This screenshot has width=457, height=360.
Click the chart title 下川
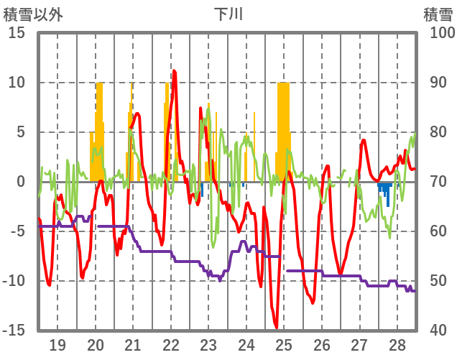coord(228,14)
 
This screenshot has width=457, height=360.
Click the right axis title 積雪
coord(438,14)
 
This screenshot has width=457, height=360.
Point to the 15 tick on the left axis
coord(17,33)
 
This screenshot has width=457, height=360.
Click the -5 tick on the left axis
coord(17,231)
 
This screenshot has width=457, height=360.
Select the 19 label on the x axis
coord(57,343)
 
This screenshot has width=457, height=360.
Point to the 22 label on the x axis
coord(171,343)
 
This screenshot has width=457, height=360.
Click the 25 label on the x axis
coord(284,343)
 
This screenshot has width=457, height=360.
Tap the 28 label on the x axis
coord(397,343)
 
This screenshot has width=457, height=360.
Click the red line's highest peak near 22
coord(174,70)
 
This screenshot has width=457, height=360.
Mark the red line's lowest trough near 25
coord(277,328)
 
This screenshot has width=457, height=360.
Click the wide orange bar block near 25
coord(284,129)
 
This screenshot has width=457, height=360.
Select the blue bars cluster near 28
coord(385,190)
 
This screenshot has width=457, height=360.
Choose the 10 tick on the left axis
coord(17,83)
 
